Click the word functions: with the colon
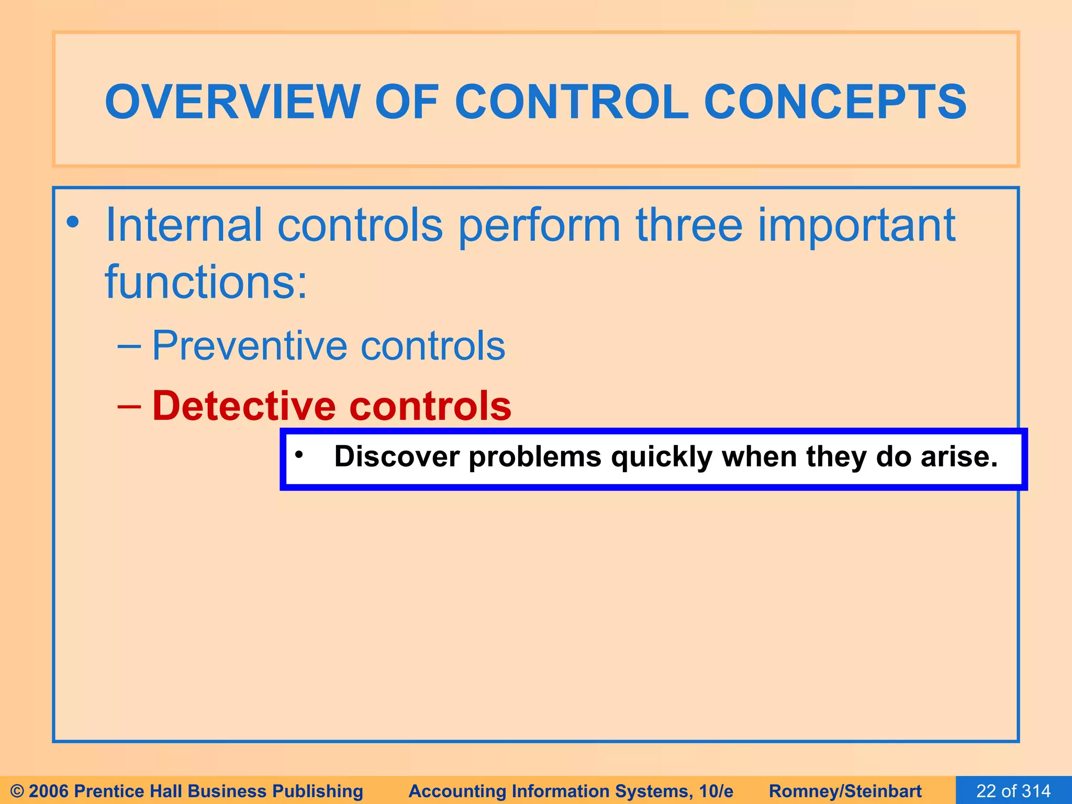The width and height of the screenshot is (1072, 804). [206, 283]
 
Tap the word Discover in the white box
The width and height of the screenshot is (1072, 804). [397, 456]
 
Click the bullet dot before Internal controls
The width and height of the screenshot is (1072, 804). [73, 222]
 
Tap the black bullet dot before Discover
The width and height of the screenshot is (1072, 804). [299, 454]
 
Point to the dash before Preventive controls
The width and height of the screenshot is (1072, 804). [129, 347]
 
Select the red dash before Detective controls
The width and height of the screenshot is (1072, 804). [129, 407]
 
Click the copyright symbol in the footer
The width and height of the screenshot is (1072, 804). [17, 791]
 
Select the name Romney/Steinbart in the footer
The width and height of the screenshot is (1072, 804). [845, 791]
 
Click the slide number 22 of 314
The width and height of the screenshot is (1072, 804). [1013, 791]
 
